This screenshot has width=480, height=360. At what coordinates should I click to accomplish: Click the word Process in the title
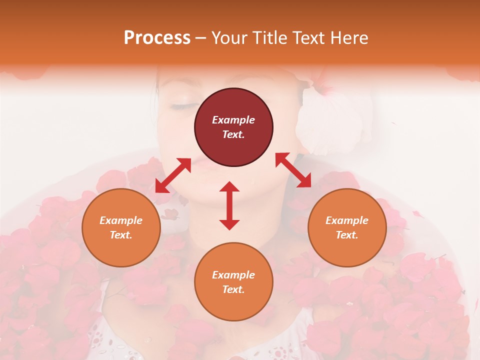[x=157, y=38]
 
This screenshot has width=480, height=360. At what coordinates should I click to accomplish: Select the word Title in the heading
[x=268, y=38]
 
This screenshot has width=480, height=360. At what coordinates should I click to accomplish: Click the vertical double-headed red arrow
[x=229, y=205]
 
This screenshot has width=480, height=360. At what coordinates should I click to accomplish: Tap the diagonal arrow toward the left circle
[x=173, y=175]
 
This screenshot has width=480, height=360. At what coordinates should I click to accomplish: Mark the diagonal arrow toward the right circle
[x=293, y=170]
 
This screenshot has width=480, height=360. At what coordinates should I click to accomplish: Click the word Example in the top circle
[x=233, y=120]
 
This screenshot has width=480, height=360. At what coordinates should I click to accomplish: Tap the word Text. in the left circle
[x=121, y=235]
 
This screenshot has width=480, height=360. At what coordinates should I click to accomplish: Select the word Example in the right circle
[x=347, y=220]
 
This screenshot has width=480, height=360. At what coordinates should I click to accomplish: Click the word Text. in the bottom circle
[x=233, y=289]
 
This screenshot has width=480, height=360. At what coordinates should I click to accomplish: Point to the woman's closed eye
[x=183, y=106]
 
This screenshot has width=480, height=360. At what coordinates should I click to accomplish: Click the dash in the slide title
[x=201, y=38]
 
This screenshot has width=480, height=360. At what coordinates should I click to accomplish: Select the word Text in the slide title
[x=308, y=38]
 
